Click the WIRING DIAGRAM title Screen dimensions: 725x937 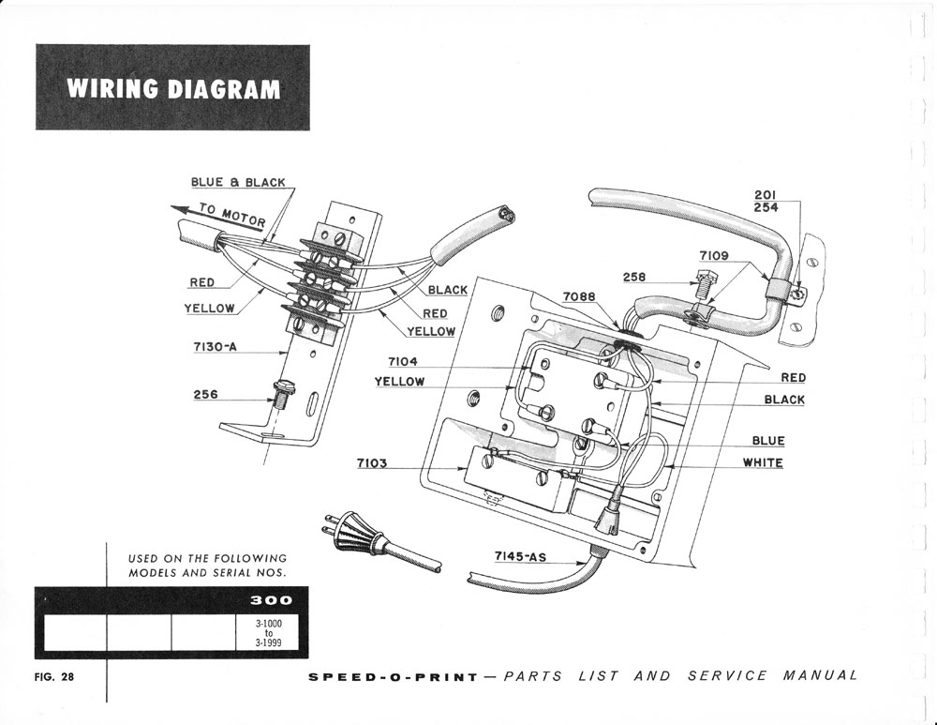[x=173, y=88]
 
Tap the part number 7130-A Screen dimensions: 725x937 [x=216, y=347]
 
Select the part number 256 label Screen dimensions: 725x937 [x=205, y=395]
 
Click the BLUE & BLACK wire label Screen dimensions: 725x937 [x=238, y=182]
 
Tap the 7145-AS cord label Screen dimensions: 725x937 [x=520, y=556]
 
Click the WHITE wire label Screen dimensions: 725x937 [x=763, y=462]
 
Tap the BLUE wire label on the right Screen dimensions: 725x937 [x=768, y=441]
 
